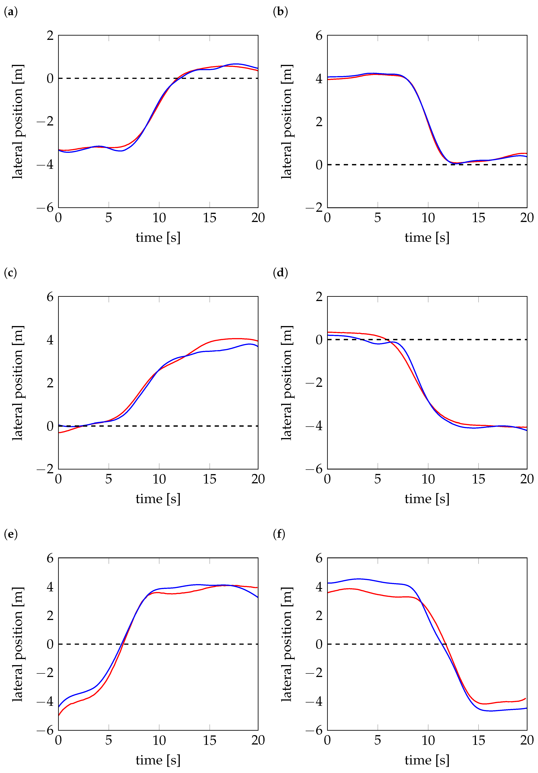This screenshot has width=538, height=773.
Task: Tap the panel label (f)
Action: pyautogui.click(x=279, y=534)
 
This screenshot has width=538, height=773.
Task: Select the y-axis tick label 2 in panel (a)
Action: pyautogui.click(x=50, y=35)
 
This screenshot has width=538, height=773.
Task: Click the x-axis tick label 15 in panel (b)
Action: pyautogui.click(x=478, y=218)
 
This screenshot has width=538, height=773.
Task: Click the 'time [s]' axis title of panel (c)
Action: pyautogui.click(x=158, y=499)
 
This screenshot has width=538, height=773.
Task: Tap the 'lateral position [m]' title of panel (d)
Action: pyautogui.click(x=287, y=383)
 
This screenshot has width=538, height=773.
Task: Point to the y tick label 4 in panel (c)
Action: pyautogui.click(x=50, y=340)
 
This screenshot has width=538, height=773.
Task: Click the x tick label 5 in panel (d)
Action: pyautogui.click(x=377, y=479)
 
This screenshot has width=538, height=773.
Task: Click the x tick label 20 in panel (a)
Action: pyautogui.click(x=258, y=218)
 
